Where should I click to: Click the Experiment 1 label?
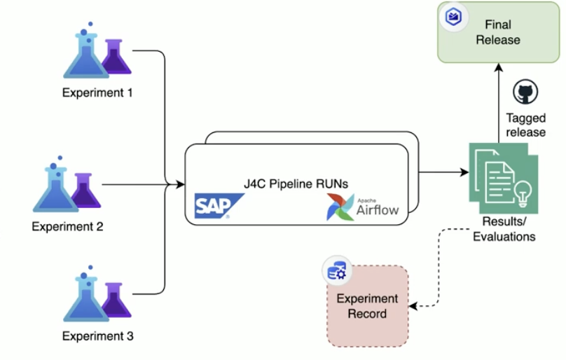[x=97, y=92]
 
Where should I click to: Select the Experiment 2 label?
[x=67, y=226]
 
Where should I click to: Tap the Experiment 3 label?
[x=97, y=335]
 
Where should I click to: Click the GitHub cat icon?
[x=525, y=92]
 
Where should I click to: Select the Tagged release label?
[x=525, y=125]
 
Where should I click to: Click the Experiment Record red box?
[x=368, y=306]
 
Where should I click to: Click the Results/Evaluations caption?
[x=504, y=230]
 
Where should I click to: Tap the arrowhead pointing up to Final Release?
[x=498, y=68]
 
